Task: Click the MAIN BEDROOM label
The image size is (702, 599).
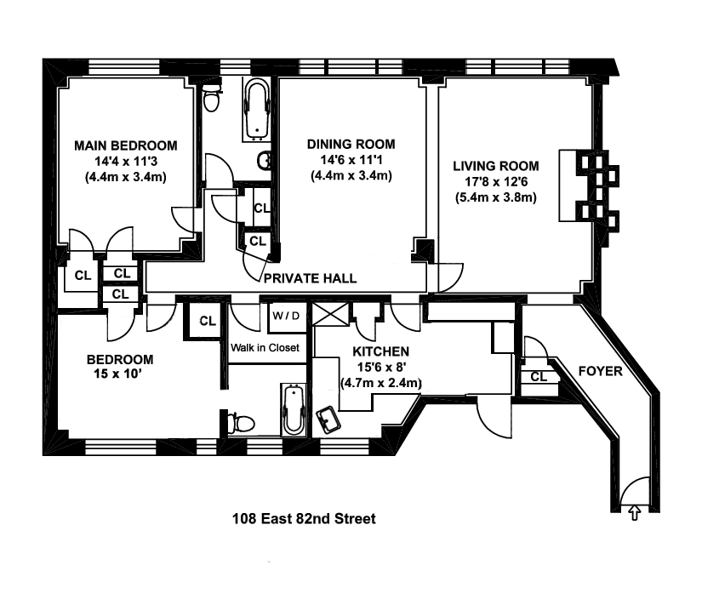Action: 125,145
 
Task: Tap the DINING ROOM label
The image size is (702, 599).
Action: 351,145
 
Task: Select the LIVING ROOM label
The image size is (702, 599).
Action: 496,166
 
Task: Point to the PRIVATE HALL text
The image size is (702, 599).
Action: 309,278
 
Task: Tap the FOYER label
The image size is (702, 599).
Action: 600,371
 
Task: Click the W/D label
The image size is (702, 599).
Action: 285,316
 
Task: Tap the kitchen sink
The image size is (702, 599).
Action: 329,419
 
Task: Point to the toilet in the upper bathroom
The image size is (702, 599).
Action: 212,101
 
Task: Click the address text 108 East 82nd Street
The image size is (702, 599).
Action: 304,517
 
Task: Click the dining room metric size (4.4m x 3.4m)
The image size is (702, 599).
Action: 351,176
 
